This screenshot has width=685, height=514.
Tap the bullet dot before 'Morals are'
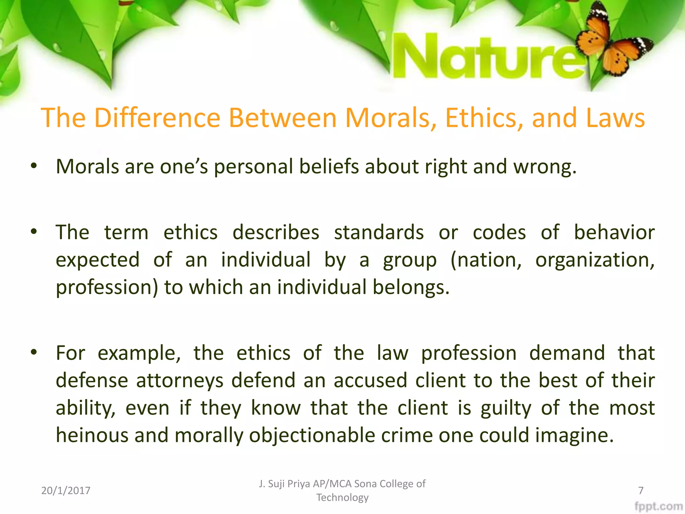click(33, 166)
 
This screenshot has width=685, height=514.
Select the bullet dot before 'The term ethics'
click(33, 232)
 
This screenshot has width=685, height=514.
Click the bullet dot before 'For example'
click(33, 352)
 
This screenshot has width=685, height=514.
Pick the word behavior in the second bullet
click(614, 232)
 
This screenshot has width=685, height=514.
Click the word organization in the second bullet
click(595, 260)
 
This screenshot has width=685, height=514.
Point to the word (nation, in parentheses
click(486, 260)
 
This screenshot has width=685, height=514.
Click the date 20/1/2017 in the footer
click(66, 491)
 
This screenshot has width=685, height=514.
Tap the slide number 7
click(641, 491)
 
